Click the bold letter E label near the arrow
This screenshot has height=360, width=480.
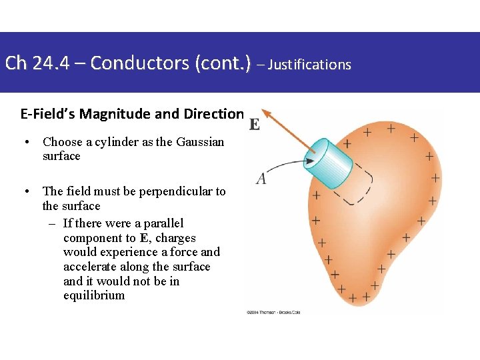(x=255, y=125)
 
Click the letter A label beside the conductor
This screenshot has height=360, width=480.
(x=261, y=178)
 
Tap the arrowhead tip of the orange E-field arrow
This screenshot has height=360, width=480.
(x=263, y=111)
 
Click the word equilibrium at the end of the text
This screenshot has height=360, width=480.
(x=94, y=295)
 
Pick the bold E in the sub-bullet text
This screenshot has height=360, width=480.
(x=145, y=238)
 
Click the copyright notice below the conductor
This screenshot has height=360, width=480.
(x=273, y=312)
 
